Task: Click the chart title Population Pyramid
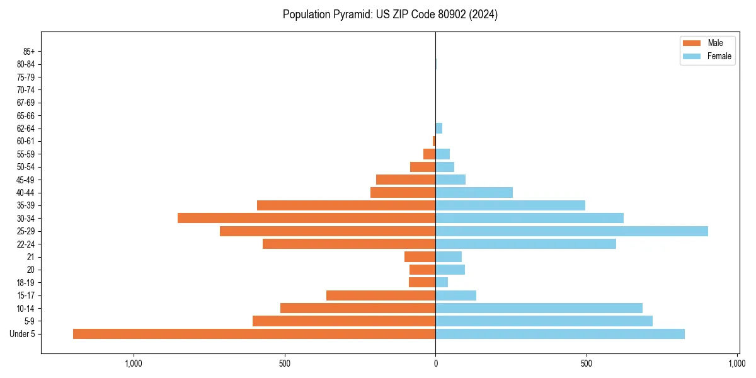point(390,14)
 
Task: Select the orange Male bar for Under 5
point(254,334)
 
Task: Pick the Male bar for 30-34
point(306,218)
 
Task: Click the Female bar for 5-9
point(544,321)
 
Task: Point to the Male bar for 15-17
point(381,295)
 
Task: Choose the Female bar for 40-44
point(474,193)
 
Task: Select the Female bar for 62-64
point(439,129)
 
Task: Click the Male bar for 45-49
point(406,180)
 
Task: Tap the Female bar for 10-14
point(539,308)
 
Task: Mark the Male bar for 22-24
point(349,244)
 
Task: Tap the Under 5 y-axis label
point(23,334)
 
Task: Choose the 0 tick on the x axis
point(435,364)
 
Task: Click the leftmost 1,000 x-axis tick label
point(133,364)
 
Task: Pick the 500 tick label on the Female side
point(587,364)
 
